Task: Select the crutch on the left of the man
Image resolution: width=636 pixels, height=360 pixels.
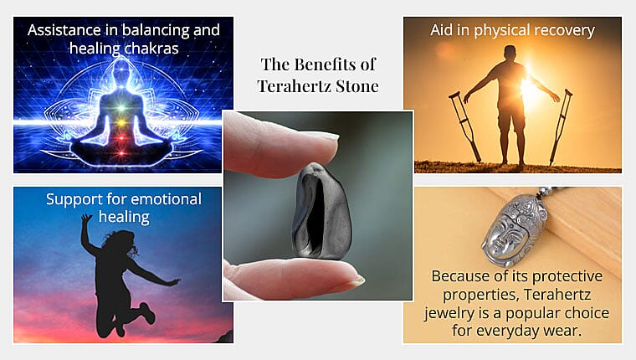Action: [x=464, y=126]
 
